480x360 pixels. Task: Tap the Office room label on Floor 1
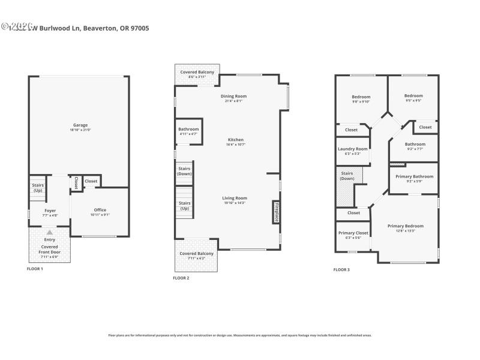point(100,210)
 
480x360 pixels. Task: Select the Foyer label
point(50,210)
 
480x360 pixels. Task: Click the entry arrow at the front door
point(50,232)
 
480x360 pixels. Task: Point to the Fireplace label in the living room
point(277,212)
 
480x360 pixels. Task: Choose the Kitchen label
point(235,140)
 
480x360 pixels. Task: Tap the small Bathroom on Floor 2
point(188,130)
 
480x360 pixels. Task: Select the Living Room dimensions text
point(235,203)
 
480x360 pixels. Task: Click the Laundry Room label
point(353,149)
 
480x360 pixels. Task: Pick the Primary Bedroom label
point(405,226)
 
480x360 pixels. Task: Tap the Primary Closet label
point(353,233)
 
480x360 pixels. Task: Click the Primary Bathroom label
point(415,176)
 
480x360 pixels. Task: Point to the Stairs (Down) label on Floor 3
point(347,176)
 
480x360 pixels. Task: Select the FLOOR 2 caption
point(181,278)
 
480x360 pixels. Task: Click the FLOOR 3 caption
point(341,269)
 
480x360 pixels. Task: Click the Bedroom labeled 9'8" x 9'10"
point(361,97)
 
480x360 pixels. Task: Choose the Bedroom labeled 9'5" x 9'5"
point(413,96)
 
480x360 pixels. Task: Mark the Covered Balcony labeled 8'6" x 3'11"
point(197,72)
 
